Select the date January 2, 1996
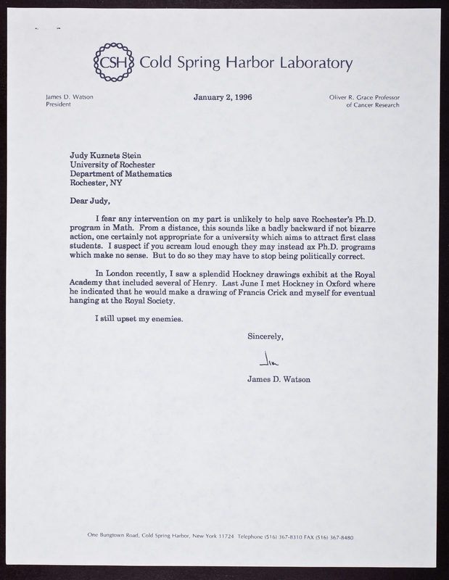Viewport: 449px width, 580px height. coord(222,96)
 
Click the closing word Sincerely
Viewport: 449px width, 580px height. coord(265,336)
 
